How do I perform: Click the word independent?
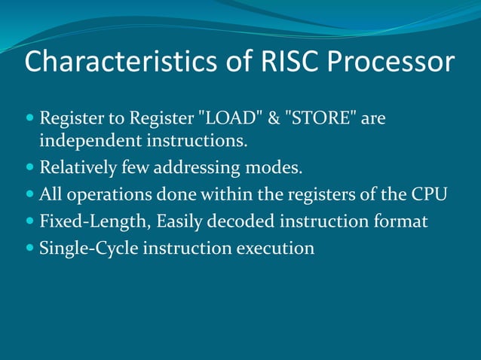pyautogui.click(x=90, y=140)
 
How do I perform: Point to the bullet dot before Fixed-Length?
pyautogui.click(x=29, y=221)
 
